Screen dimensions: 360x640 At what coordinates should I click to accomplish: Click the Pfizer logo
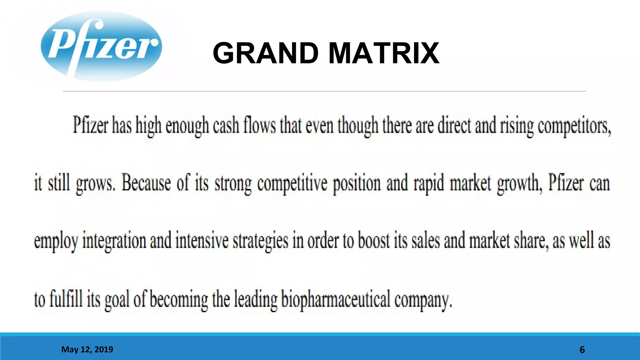pyautogui.click(x=101, y=47)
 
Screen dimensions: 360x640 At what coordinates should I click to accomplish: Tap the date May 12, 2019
pyautogui.click(x=87, y=349)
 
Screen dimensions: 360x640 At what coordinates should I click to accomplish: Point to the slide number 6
pyautogui.click(x=582, y=350)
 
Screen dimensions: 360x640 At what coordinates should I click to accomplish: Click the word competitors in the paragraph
pyautogui.click(x=574, y=126)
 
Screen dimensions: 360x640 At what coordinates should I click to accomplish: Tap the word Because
pyautogui.click(x=146, y=183)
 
